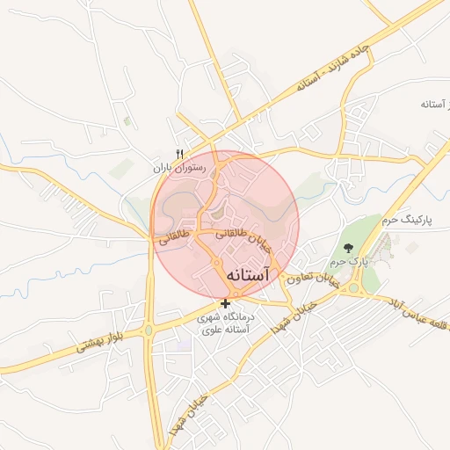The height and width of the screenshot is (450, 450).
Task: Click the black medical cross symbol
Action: click(226, 304)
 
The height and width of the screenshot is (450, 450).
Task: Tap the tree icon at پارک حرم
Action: click(348, 249)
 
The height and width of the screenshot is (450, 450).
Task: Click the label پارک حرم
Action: click(348, 263)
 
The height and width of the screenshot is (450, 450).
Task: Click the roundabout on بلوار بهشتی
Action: click(149, 330)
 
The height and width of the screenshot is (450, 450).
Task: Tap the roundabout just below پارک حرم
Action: click(355, 287)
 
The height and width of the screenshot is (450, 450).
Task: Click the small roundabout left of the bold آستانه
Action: click(216, 263)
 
